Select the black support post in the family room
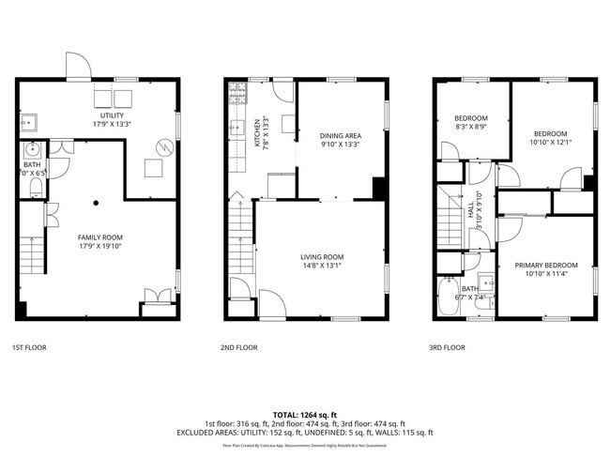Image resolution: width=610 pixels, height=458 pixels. (x=95, y=202)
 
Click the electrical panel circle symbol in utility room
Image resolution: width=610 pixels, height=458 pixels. (x=165, y=146)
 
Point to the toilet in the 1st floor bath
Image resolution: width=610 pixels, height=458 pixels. (x=34, y=188)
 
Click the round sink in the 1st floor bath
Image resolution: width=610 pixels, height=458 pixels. (x=33, y=149)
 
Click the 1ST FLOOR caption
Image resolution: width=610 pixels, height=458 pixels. (x=30, y=347)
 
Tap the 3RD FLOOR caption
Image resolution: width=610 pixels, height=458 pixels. (x=447, y=347)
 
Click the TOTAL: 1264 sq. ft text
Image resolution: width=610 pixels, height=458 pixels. (x=305, y=414)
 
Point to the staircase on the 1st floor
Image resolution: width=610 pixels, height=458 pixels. (x=32, y=252)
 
